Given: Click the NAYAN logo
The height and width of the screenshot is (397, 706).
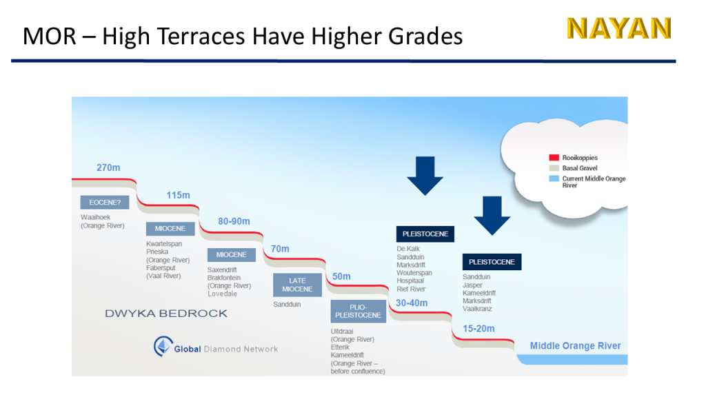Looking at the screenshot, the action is coord(619,28).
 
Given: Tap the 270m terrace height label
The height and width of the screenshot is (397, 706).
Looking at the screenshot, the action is coord(108,168).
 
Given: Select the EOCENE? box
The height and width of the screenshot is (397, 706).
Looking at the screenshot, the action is coord(105,203).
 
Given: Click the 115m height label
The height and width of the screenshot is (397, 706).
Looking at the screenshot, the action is coord(179,195).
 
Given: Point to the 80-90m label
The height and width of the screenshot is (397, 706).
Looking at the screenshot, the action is coord(234,221).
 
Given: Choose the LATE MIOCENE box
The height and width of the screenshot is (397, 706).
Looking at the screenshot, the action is coord(298,285).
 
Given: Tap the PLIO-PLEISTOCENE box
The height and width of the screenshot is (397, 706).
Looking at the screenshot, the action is coord(359,311).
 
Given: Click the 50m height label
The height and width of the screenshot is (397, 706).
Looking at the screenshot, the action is coord(341,276).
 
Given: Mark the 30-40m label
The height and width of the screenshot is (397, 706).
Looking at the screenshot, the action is coord(412,303).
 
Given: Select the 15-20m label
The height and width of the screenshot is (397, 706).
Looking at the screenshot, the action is coord(478,329).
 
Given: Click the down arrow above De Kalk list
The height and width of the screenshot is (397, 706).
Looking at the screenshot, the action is coord(425,176).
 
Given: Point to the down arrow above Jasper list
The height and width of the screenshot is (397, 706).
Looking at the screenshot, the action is coord(492,216).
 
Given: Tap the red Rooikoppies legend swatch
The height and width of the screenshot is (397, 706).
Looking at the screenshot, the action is coord(554,158).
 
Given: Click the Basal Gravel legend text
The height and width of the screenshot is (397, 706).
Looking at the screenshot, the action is coord(580,168).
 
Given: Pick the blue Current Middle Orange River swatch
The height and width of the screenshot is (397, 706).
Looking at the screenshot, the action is coord(554,179).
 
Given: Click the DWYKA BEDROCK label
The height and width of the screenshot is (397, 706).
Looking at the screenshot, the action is coord(166,314).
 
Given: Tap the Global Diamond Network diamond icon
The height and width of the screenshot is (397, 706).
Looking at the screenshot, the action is coord(163,346).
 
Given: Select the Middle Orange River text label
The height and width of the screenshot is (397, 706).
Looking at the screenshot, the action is coord(576,346).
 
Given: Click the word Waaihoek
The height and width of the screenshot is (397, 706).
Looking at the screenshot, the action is coord(95,217).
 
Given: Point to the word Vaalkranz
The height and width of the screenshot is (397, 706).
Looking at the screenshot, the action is coord(477,309).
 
